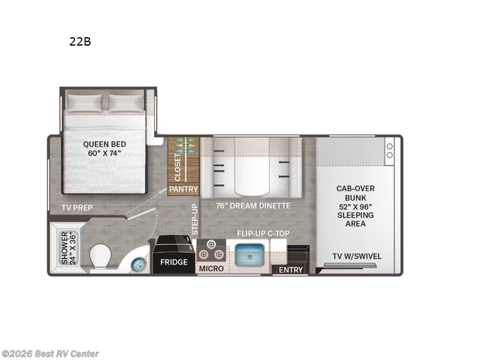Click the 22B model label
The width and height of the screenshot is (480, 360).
click(80, 42)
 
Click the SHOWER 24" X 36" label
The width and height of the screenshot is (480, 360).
click(65, 248)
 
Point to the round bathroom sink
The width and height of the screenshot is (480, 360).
click(139, 262)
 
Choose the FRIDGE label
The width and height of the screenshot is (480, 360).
click(173, 262)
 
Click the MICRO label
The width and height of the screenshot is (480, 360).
click(211, 268)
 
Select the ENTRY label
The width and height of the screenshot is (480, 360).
click(291, 270)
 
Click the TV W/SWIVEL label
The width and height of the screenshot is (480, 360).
click(357, 256)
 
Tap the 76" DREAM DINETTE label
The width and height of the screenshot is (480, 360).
click(253, 206)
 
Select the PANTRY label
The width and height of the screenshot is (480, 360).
click(184, 189)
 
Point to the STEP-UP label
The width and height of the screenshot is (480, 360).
click(194, 219)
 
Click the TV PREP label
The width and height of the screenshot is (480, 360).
click(77, 208)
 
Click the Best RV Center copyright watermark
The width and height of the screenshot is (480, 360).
click(50, 354)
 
